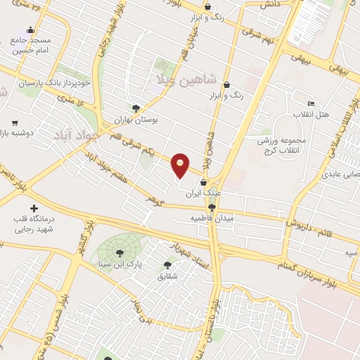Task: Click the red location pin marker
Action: pyautogui.click(x=181, y=165)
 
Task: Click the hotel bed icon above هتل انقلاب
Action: pyautogui.click(x=310, y=103)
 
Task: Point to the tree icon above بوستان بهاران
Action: pyautogui.click(x=136, y=108)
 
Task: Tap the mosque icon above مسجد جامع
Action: pyautogui.click(x=30, y=30)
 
